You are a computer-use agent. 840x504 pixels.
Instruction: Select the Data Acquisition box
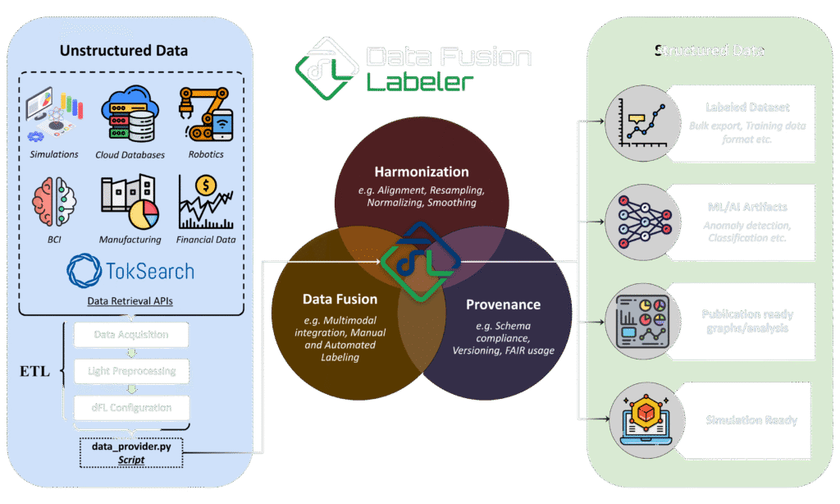point(131,335)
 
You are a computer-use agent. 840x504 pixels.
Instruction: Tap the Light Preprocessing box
point(131,371)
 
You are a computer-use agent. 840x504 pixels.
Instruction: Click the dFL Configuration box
point(131,407)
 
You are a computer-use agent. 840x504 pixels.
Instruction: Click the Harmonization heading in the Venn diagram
point(421,172)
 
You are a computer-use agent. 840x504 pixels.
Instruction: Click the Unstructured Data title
point(124,51)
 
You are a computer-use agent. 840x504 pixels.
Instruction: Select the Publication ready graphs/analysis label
point(747,321)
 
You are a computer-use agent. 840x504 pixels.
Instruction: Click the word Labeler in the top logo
point(420,82)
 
